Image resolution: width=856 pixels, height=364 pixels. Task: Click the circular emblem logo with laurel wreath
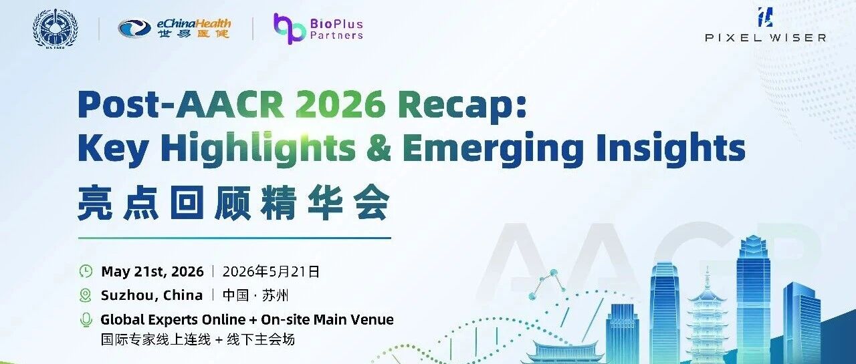pyautogui.click(x=56, y=29)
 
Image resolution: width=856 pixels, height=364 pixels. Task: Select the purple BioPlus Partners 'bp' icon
pyautogui.click(x=290, y=29)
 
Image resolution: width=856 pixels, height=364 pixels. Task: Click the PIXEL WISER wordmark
pyautogui.click(x=766, y=38)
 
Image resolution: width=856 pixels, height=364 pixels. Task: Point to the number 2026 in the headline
pyautogui.click(x=340, y=105)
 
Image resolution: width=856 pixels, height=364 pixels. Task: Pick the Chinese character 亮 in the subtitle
pyautogui.click(x=95, y=202)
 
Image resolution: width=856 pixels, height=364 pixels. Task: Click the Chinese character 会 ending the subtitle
pyautogui.click(x=371, y=202)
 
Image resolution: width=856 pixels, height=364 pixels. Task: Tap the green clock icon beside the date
pyautogui.click(x=86, y=271)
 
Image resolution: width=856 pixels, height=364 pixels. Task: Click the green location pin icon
pyautogui.click(x=85, y=295)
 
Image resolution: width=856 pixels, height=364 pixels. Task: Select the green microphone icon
pyautogui.click(x=86, y=320)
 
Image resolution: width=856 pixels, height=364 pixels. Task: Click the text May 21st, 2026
pyautogui.click(x=152, y=272)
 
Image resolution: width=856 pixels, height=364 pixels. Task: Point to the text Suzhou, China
pyautogui.click(x=152, y=296)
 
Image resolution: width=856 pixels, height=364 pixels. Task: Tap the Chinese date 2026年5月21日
pyautogui.click(x=271, y=272)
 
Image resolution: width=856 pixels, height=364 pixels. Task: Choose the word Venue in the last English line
pyautogui.click(x=368, y=320)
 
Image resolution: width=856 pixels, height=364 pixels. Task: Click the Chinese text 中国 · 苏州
pyautogui.click(x=255, y=296)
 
